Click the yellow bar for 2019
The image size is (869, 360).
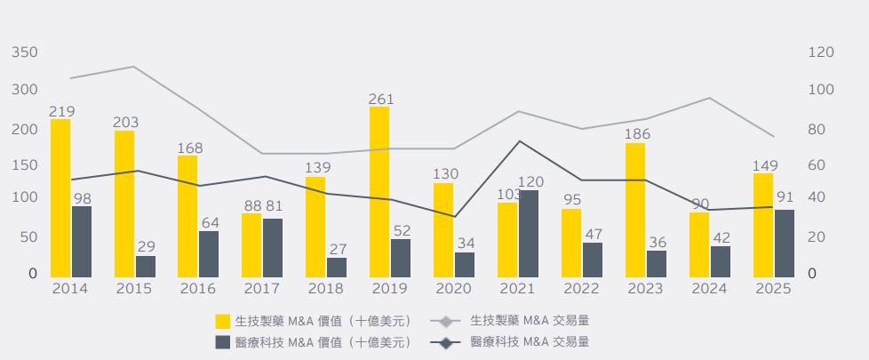pos(379,191)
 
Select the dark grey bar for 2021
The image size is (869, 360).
pos(528,233)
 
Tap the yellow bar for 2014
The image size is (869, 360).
pos(60,197)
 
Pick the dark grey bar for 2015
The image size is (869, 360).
pos(145,266)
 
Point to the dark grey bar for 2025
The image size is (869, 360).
pos(784,243)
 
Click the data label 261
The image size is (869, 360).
pos(382,99)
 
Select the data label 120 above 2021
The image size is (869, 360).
pos(531,181)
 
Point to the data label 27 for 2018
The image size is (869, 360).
pos(338,250)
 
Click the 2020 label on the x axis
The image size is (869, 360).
pos(453,289)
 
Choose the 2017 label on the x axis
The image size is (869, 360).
pos(261,289)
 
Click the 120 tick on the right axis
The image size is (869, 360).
pos(821,53)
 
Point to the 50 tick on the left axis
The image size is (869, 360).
pos(28,237)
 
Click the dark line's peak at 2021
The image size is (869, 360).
pos(520,141)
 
